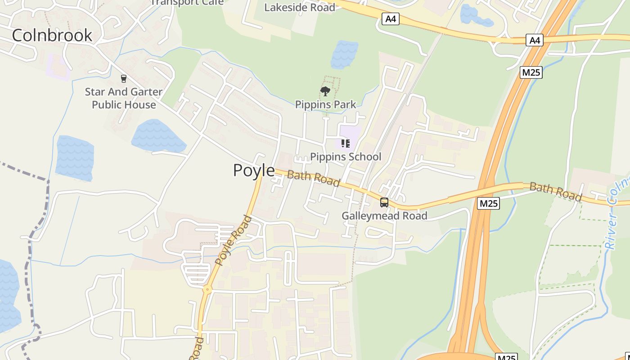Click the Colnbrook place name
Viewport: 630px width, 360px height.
coord(52,35)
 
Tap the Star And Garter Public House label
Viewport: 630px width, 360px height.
coord(124,98)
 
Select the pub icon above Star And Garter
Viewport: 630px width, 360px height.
coord(124,79)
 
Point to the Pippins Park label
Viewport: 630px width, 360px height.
coord(325,104)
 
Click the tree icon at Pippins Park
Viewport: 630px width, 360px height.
coord(325,92)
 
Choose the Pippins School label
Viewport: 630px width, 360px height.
coord(346,157)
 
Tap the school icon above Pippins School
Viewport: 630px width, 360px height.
coord(346,144)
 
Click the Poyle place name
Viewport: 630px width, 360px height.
coord(254,170)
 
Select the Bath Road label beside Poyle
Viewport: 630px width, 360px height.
coord(313,178)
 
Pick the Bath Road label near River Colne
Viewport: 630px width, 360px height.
coord(555,192)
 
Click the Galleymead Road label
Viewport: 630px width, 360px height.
coord(384,216)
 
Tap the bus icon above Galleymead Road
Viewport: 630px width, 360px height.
coord(384,202)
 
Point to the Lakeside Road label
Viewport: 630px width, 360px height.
coord(299,8)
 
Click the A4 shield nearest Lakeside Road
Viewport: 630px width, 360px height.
coord(391,19)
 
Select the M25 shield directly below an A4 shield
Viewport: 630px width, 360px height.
coord(531,72)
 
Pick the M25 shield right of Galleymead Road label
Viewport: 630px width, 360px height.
coord(488,203)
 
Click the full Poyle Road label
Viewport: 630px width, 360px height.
coord(233,241)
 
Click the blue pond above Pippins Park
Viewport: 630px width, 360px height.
coord(344,54)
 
